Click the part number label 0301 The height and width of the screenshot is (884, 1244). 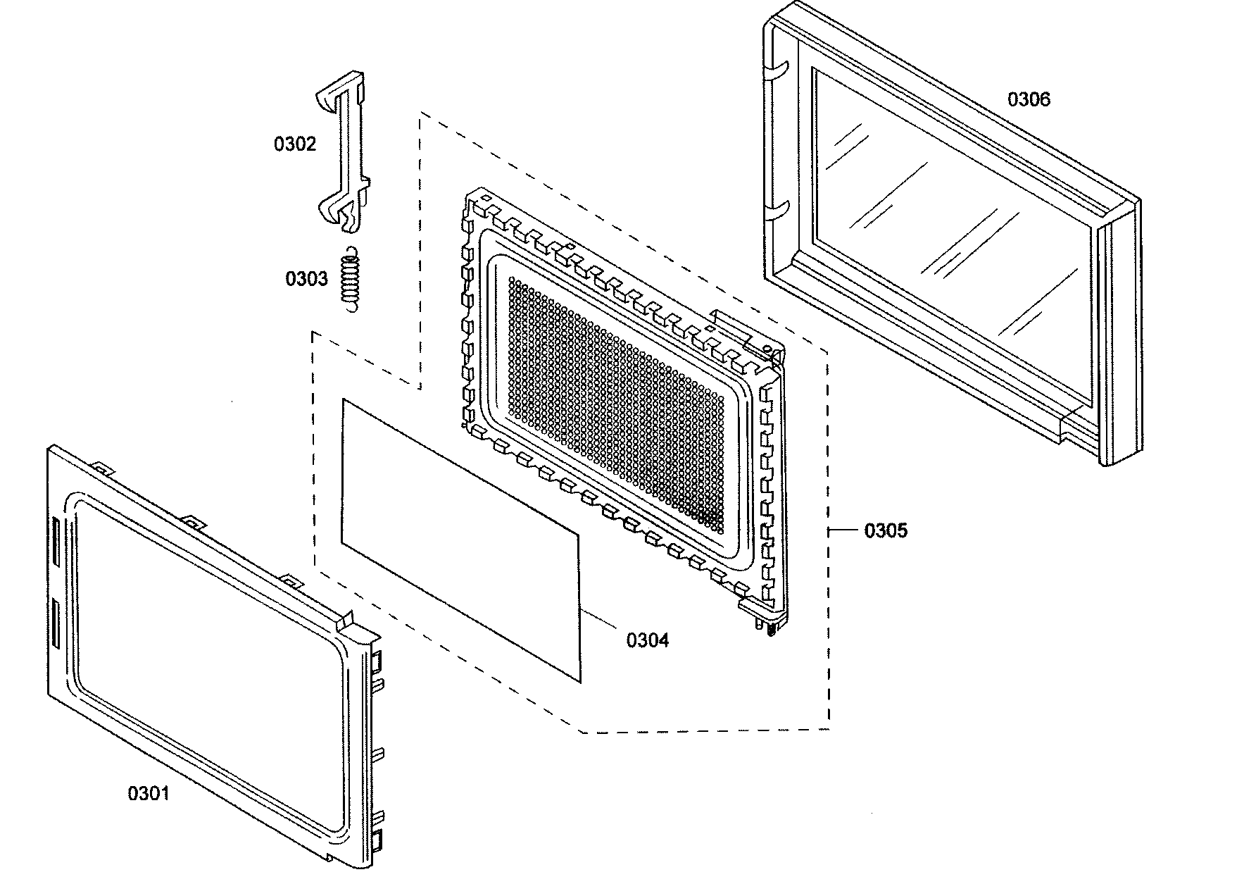click(148, 794)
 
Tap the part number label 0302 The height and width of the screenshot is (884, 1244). click(295, 144)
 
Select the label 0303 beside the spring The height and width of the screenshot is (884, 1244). click(306, 279)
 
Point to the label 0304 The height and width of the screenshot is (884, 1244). click(648, 640)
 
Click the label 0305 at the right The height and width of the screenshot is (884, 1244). click(886, 531)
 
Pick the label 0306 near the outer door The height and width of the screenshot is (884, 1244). click(1029, 99)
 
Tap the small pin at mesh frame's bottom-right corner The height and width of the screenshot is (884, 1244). click(772, 628)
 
